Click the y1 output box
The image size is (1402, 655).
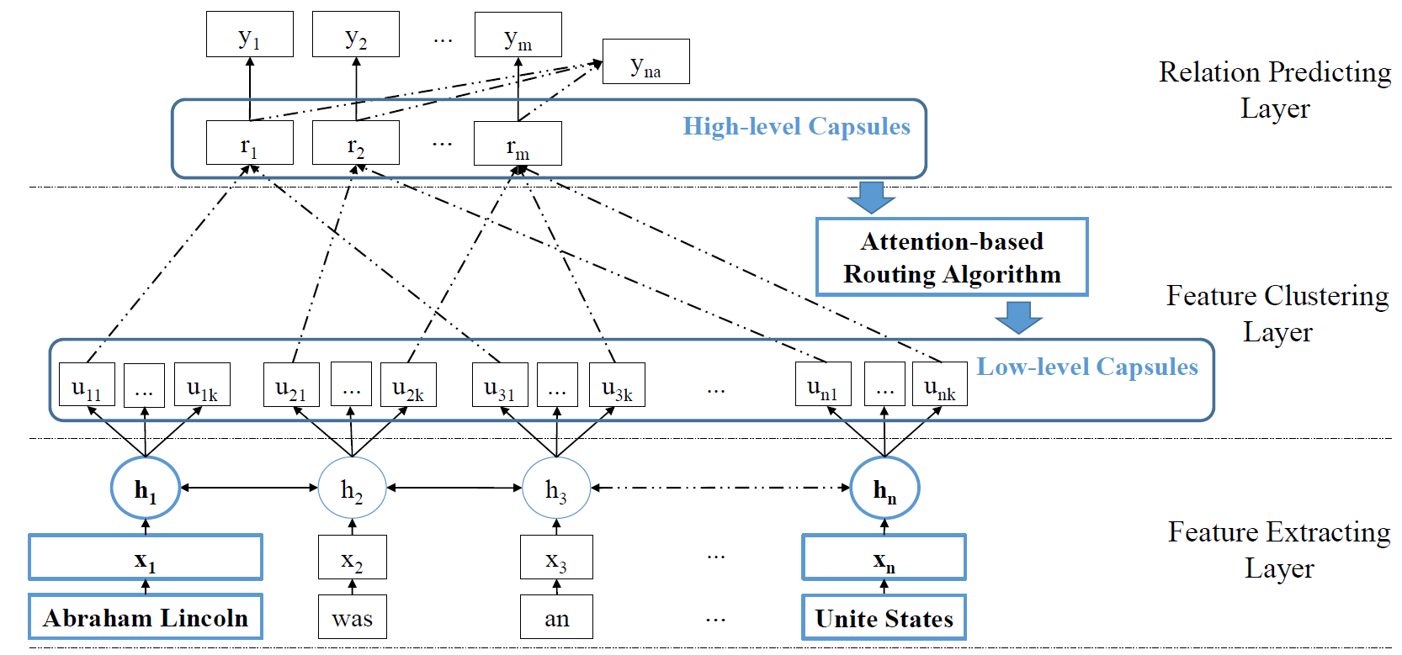pyautogui.click(x=249, y=34)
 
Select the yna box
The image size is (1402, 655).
pyautogui.click(x=645, y=61)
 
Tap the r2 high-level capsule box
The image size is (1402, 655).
pyautogui.click(x=355, y=143)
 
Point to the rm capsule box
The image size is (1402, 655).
pyautogui.click(x=518, y=144)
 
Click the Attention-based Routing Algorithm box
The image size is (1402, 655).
pyautogui.click(x=952, y=257)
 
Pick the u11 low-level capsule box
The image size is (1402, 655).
pyautogui.click(x=87, y=385)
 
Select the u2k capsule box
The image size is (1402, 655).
pyautogui.click(x=408, y=385)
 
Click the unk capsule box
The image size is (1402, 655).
pyautogui.click(x=939, y=384)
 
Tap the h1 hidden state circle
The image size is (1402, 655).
pyautogui.click(x=146, y=488)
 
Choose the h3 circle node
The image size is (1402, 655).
pyautogui.click(x=555, y=488)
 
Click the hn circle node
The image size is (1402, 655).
pyautogui.click(x=884, y=488)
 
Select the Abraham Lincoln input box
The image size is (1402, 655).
pyautogui.click(x=146, y=617)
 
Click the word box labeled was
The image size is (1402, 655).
pyautogui.click(x=352, y=617)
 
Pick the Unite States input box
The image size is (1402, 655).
pyautogui.click(x=884, y=617)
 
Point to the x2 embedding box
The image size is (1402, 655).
pyautogui.click(x=352, y=557)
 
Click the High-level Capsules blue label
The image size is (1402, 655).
pyautogui.click(x=796, y=126)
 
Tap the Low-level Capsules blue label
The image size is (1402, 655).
pyautogui.click(x=1086, y=367)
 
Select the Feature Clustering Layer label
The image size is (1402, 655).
pyautogui.click(x=1277, y=314)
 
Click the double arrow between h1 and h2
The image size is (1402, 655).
pyautogui.click(x=249, y=488)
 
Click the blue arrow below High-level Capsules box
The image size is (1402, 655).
pyautogui.click(x=871, y=197)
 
